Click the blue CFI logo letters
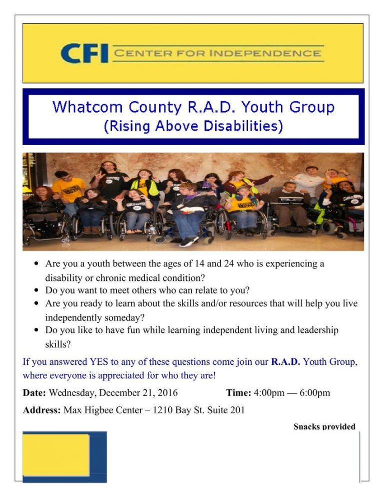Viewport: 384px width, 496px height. [x=84, y=53]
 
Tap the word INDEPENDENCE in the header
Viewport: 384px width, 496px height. [x=265, y=53]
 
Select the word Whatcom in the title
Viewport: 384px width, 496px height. [x=87, y=107]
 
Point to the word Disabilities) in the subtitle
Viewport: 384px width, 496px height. [x=243, y=126]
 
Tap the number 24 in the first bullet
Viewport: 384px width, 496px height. [x=229, y=263]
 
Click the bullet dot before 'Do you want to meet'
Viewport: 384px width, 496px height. [x=37, y=290]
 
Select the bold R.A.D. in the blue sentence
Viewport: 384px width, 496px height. [x=285, y=362]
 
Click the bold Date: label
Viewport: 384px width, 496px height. [x=34, y=393]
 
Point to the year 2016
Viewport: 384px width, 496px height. [x=167, y=393]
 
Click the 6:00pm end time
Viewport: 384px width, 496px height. [x=314, y=393]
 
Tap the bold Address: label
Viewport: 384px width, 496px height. [x=41, y=410]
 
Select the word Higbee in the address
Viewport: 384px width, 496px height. [x=98, y=410]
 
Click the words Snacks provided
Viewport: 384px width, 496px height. [x=324, y=427]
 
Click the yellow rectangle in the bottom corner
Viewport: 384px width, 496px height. [x=55, y=455]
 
